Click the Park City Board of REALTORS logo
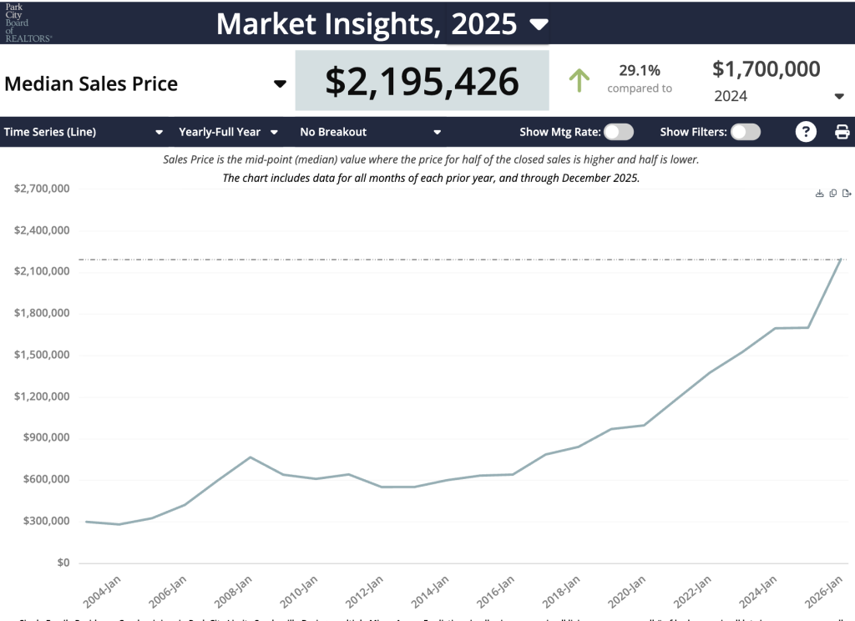point(28,23)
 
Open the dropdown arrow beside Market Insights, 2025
point(540,23)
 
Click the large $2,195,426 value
point(422,81)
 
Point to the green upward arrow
point(579,81)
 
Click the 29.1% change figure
point(639,70)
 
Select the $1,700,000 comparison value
point(766,69)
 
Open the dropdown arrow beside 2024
point(839,96)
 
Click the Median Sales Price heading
point(91,83)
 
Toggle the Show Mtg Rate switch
point(619,132)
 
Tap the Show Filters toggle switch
point(746,132)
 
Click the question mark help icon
point(806,132)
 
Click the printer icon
point(842,132)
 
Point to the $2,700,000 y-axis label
point(42,189)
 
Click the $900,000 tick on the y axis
point(42,437)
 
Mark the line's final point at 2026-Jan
point(840,260)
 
